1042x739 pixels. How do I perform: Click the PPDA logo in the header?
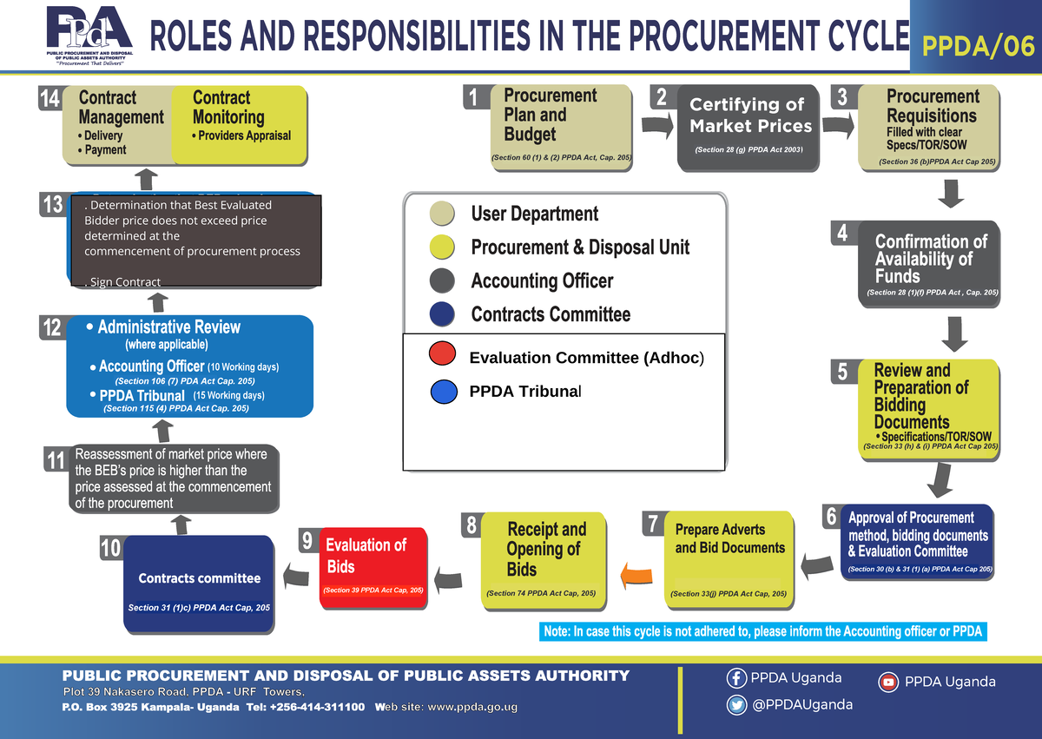point(89,35)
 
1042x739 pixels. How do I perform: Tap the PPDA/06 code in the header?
point(979,47)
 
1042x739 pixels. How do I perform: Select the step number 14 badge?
point(49,98)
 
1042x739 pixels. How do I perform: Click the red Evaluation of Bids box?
point(373,567)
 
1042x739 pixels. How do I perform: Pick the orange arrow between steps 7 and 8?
point(636,576)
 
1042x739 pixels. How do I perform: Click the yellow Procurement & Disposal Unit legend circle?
point(442,247)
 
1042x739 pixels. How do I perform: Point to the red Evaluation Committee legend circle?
point(442,353)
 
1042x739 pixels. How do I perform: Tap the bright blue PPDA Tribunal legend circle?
point(444,392)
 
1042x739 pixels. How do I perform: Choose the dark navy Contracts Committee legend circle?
point(442,314)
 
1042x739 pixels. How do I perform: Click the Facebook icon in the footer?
point(737,678)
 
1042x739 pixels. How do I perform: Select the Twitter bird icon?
point(737,705)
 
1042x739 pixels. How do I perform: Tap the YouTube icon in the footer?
point(888,683)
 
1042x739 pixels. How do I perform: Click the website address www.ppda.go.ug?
point(472,708)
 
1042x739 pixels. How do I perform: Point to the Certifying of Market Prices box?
point(748,128)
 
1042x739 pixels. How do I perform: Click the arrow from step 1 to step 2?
point(657,125)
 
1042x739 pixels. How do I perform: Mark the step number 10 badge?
point(111,548)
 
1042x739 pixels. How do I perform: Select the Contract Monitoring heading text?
point(228,108)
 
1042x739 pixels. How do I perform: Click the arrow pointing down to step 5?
point(954,334)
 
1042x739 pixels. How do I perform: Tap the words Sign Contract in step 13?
point(125,282)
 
